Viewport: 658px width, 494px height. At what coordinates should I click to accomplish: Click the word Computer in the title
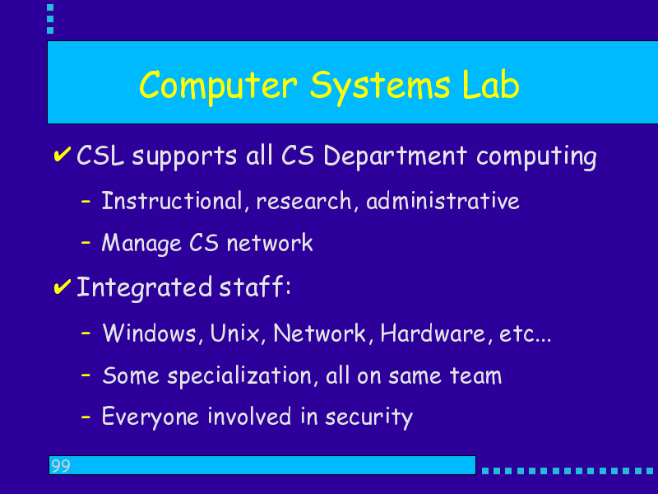(218, 87)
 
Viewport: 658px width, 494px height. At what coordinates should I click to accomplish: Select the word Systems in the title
(380, 87)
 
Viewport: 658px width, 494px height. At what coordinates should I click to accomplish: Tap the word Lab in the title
(490, 84)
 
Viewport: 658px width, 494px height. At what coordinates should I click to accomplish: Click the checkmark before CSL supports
(63, 154)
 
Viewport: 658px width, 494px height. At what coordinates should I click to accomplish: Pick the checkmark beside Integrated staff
(63, 287)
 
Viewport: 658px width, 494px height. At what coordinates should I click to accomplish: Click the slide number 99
(60, 466)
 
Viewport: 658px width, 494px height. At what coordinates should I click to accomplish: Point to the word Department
(395, 157)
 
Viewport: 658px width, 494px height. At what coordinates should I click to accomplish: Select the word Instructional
(172, 200)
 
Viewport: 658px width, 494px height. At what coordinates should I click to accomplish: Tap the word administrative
(443, 200)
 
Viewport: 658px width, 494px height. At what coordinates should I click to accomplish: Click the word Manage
(141, 244)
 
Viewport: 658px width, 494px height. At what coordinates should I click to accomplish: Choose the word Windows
(149, 333)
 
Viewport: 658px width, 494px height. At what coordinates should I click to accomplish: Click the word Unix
(236, 333)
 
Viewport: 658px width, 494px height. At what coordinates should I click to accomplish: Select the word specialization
(239, 376)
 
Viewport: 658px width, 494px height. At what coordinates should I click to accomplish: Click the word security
(368, 417)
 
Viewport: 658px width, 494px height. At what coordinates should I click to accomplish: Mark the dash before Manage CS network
(86, 242)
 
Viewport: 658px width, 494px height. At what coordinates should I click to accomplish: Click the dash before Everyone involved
(86, 417)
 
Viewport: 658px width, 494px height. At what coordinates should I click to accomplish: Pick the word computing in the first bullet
(536, 157)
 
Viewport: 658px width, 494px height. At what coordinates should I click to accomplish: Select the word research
(304, 201)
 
